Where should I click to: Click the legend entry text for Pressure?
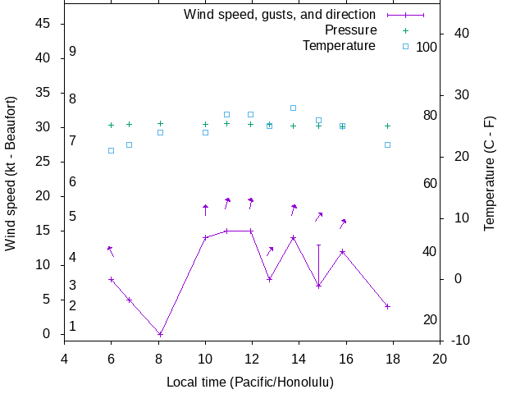(x=350, y=30)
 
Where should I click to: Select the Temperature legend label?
(x=339, y=46)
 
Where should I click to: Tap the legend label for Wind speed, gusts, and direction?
(x=280, y=15)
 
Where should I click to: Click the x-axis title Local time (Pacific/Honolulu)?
(x=250, y=383)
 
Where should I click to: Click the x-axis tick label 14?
(x=299, y=358)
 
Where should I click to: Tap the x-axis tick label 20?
(x=441, y=358)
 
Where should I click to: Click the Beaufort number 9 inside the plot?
(x=73, y=51)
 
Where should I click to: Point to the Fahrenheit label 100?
(x=427, y=47)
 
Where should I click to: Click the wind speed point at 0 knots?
(x=160, y=334)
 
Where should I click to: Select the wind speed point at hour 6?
(x=112, y=279)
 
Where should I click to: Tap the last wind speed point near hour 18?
(x=387, y=306)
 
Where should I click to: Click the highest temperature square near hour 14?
(x=293, y=108)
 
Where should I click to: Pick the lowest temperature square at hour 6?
(x=112, y=150)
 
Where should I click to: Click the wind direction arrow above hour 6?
(x=110, y=250)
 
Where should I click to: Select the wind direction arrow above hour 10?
(x=205, y=209)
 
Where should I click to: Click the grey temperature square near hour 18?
(x=387, y=144)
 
